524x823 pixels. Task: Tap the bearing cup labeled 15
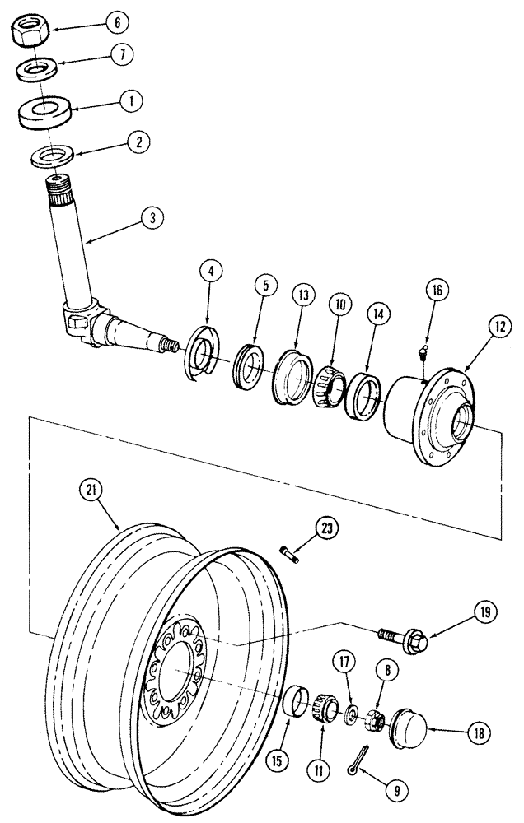pyautogui.click(x=296, y=708)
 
